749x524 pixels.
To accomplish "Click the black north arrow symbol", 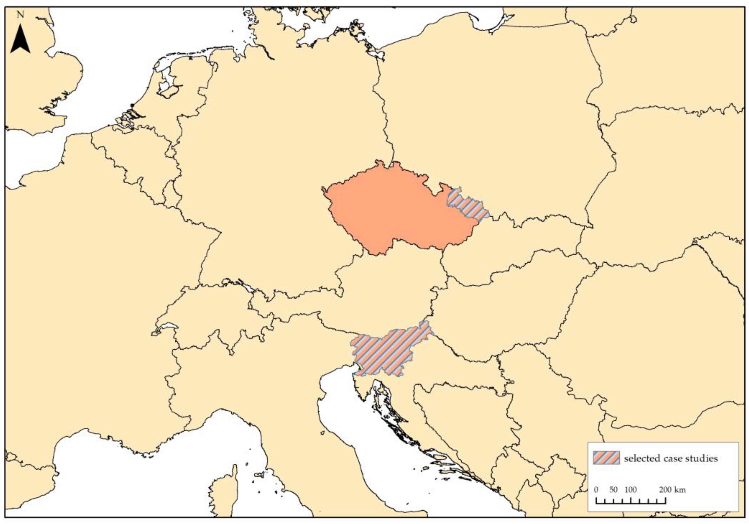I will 20,39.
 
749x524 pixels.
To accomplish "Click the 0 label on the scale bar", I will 596,490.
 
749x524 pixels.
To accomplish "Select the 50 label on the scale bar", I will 613,490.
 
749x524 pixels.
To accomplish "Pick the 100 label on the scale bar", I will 630,490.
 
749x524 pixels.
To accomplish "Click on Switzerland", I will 212,318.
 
